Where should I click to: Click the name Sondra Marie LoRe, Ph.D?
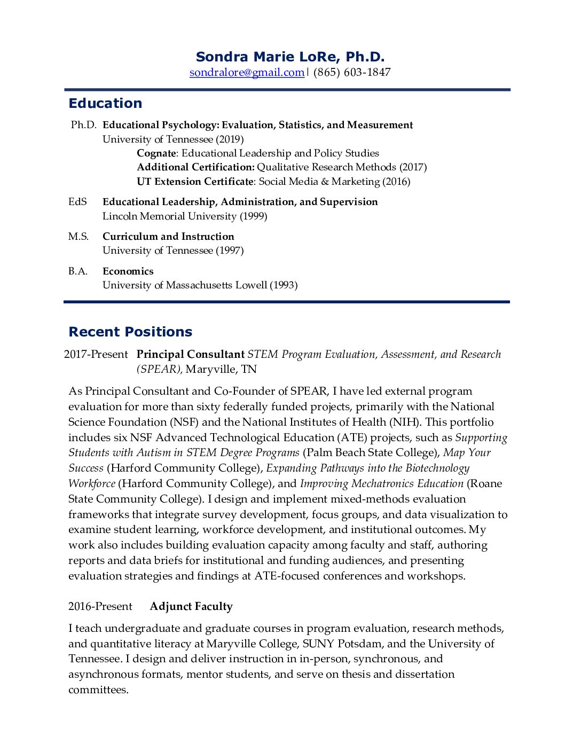(290, 57)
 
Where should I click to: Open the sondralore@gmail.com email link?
(247, 72)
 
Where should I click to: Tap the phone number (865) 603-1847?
(352, 72)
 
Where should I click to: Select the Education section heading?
(105, 103)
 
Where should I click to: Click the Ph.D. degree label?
(83, 125)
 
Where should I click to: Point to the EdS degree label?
(77, 202)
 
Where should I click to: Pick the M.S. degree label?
(78, 237)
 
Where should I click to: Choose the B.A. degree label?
(78, 271)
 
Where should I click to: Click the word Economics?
(128, 271)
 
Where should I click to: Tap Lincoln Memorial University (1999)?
(185, 216)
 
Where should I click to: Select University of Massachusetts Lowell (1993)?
(200, 285)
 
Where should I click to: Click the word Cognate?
(156, 153)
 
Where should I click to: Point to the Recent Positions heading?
(130, 332)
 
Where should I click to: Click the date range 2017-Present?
(96, 354)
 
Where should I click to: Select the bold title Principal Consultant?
(190, 354)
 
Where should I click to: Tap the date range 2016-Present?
(100, 607)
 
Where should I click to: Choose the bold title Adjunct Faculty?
(191, 607)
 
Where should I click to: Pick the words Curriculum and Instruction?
(168, 237)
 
